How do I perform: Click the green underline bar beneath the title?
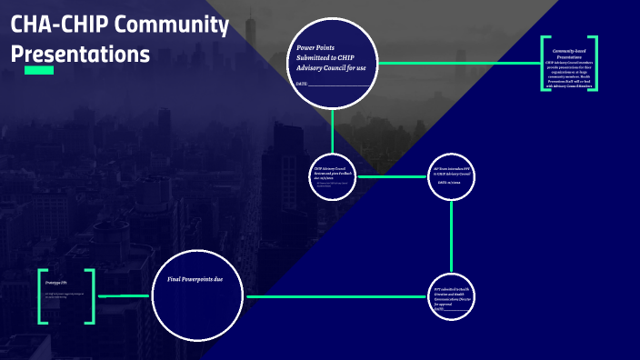tap(38, 70)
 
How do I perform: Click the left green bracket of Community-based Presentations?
tap(544, 64)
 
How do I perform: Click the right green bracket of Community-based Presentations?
tap(595, 64)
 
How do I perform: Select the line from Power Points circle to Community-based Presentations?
tap(459, 63)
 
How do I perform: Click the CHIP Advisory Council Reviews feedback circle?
tap(333, 175)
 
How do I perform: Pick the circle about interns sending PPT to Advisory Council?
tap(452, 175)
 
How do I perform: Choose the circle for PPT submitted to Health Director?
tap(452, 296)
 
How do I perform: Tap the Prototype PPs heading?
tap(57, 284)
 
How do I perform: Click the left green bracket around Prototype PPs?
tap(42, 296)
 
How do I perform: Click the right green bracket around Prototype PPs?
tap(91, 296)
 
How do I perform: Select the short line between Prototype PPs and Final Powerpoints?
tap(124, 296)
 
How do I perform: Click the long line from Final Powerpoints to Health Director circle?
tap(336, 296)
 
